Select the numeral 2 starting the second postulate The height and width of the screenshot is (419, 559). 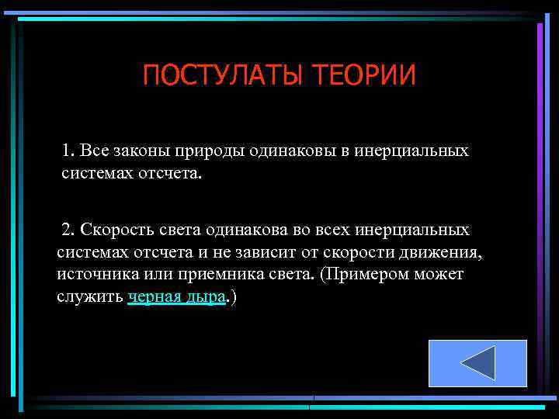68,230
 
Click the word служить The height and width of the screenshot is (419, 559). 89,297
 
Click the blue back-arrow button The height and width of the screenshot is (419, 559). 477,363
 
